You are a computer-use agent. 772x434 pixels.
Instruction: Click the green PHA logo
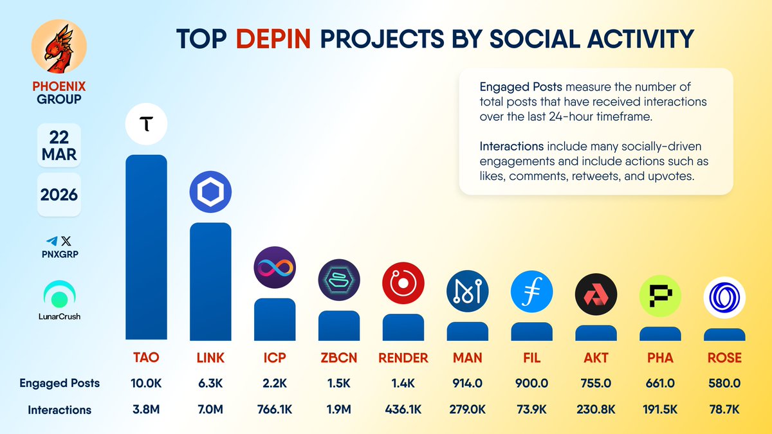pyautogui.click(x=660, y=296)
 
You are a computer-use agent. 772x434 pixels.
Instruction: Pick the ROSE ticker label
pyautogui.click(x=724, y=358)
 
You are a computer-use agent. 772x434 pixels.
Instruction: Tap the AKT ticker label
pyautogui.click(x=596, y=358)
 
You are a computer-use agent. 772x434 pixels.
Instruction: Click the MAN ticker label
pyautogui.click(x=468, y=358)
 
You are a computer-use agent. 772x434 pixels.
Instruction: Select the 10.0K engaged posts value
pyautogui.click(x=146, y=383)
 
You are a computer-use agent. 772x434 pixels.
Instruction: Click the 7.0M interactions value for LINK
pyautogui.click(x=210, y=410)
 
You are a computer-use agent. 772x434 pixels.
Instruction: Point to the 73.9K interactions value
pyautogui.click(x=532, y=410)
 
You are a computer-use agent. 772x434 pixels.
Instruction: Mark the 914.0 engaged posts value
pyautogui.click(x=468, y=383)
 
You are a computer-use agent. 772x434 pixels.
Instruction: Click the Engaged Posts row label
pyautogui.click(x=59, y=383)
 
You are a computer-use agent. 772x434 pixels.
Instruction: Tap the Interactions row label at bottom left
pyautogui.click(x=59, y=410)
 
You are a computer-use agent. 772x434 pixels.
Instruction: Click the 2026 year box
pyautogui.click(x=59, y=195)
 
